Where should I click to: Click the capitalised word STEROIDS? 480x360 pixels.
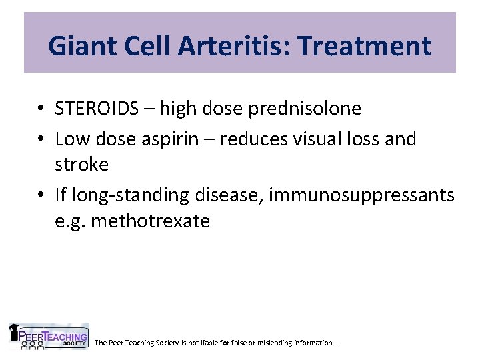coord(99,108)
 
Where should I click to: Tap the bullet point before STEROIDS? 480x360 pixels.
coord(41,109)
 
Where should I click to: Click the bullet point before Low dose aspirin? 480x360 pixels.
coord(41,139)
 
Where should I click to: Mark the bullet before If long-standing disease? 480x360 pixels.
coord(41,196)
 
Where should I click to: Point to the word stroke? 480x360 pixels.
coord(81,164)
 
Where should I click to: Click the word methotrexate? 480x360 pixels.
coord(150,221)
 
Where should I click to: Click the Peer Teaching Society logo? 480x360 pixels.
coord(48,337)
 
